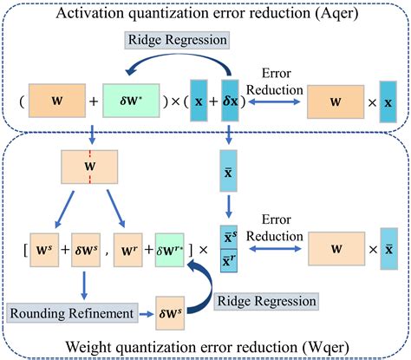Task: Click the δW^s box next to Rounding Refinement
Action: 172,311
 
